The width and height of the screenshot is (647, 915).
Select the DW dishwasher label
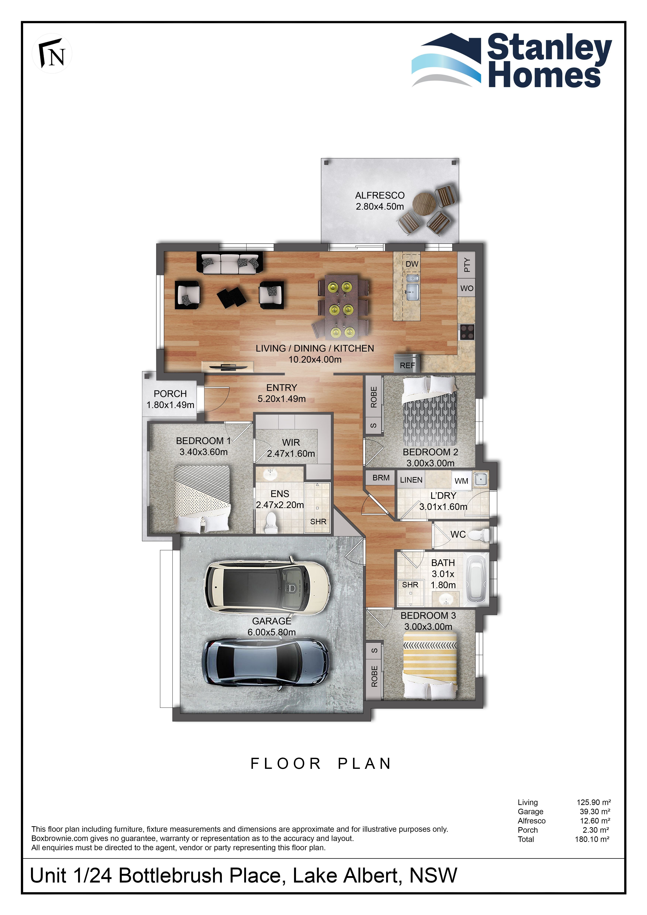(412, 264)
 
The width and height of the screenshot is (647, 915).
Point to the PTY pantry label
(467, 265)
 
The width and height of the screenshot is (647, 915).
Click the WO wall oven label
(467, 288)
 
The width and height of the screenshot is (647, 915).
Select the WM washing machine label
(461, 481)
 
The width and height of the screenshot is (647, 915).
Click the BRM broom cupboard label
(381, 477)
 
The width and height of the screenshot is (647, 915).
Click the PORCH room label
(170, 393)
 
